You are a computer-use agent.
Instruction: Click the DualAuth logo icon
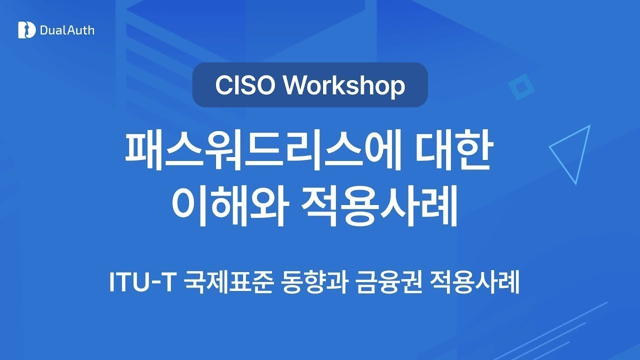[x=27, y=30]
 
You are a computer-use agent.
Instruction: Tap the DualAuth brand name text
[x=67, y=30]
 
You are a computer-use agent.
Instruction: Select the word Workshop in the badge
[x=344, y=85]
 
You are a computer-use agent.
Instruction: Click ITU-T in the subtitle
[x=141, y=282]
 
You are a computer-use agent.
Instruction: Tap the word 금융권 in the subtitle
[x=388, y=282]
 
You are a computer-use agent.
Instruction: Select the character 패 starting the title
[x=142, y=151]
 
